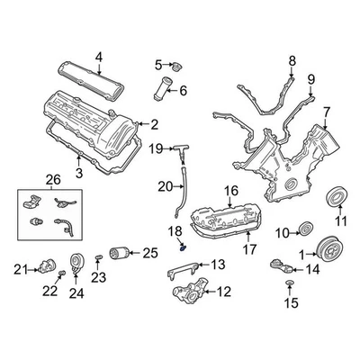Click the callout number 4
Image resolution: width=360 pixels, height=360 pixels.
tap(99, 33)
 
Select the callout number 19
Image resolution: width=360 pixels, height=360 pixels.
tap(156, 148)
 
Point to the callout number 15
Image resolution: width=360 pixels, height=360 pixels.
tap(289, 303)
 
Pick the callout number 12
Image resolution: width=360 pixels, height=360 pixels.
tap(223, 292)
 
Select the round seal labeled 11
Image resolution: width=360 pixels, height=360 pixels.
tap(338, 195)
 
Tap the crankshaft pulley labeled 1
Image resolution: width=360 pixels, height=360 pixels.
tap(335, 254)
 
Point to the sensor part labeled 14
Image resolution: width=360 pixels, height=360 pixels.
tap(280, 265)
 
